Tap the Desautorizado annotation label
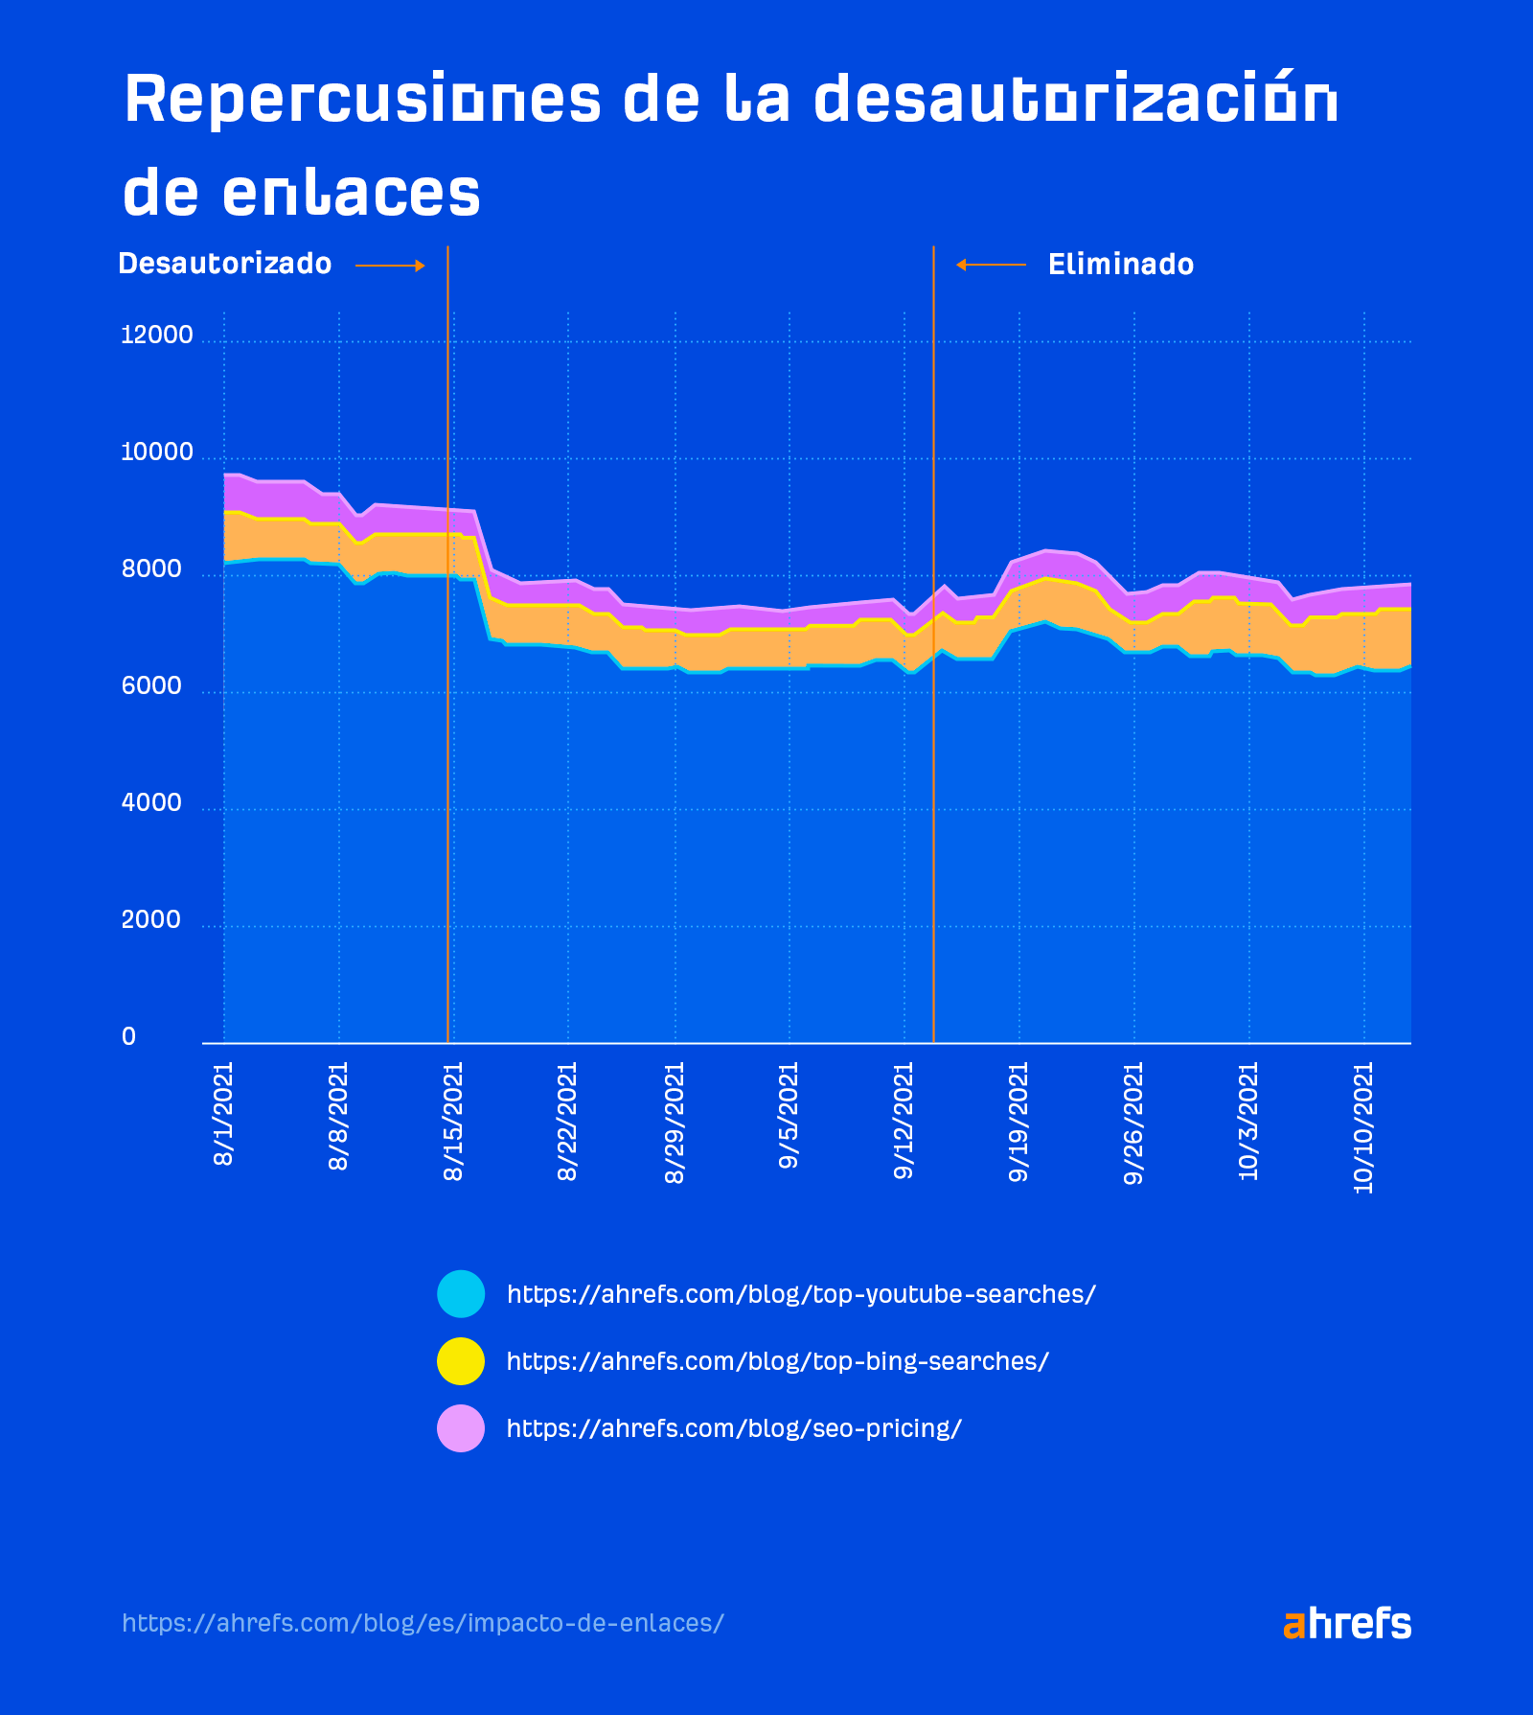pos(224,264)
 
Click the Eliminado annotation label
pos(1120,265)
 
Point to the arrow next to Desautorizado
pos(390,266)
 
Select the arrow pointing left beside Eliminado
pos(991,265)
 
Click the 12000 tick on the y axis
pos(156,336)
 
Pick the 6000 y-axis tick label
pos(151,686)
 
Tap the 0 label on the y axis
pos(128,1037)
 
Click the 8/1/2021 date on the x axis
pos(223,1113)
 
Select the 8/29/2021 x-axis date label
pos(675,1122)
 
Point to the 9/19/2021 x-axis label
pos(1018,1122)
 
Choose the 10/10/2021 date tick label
pos(1363,1126)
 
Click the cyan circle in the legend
pos(461,1294)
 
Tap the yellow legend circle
pos(461,1361)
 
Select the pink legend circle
pos(461,1428)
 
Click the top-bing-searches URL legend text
pos(777,1361)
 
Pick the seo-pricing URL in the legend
pos(734,1428)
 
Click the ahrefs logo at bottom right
pos(1346,1624)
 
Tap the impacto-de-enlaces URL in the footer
pos(423,1623)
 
